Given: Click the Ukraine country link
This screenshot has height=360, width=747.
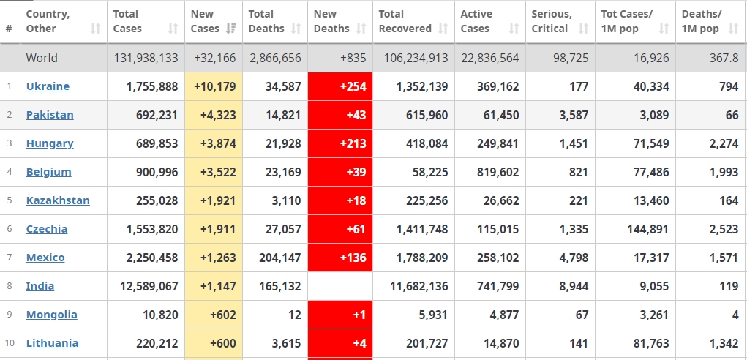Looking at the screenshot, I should tap(48, 86).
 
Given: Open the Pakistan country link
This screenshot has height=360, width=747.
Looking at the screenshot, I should tap(50, 115).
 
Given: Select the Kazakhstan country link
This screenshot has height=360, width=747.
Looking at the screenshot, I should tap(58, 200).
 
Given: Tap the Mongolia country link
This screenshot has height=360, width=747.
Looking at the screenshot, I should tap(51, 315).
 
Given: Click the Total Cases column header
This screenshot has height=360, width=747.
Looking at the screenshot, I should tap(127, 21).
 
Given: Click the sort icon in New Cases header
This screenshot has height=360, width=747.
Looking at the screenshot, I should tap(230, 29).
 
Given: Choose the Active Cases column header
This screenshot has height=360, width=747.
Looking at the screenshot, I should tap(476, 21).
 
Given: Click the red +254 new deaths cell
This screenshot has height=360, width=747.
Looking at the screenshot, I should tap(340, 86).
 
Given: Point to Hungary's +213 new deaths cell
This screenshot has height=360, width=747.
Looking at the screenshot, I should tap(340, 143).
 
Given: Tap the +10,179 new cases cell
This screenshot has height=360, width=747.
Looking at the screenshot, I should tap(214, 86).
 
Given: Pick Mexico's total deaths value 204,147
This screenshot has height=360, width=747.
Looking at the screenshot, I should tap(275, 258).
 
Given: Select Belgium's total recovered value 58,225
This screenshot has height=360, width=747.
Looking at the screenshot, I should tap(428, 172).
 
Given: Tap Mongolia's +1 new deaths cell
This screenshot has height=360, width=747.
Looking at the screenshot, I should tap(340, 315).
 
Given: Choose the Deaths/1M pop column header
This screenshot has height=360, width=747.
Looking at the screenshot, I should tap(701, 21).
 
